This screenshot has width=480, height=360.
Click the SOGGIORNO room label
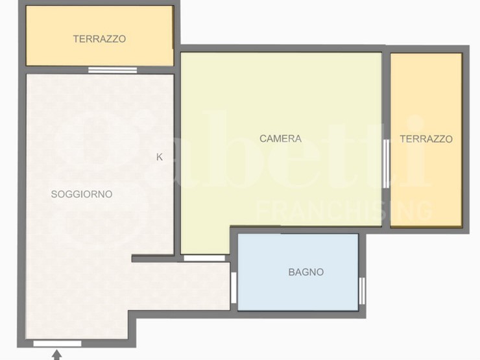point(82,194)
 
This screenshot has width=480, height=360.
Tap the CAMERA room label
point(280,139)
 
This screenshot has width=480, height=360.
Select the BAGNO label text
point(306,272)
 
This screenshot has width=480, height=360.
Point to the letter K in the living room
point(160,157)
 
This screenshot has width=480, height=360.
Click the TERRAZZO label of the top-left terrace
point(99,39)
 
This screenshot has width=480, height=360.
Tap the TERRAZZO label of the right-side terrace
point(426,139)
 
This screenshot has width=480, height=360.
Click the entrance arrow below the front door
point(56,355)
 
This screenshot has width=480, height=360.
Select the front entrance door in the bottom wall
point(58,344)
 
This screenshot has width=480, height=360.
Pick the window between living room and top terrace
point(113,70)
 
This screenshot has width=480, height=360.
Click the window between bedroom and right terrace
point(386,163)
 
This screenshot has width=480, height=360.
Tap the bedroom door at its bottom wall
point(204,258)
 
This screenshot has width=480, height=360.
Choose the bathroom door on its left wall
point(234,288)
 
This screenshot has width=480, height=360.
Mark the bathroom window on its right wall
point(362,291)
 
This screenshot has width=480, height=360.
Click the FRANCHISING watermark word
point(344,211)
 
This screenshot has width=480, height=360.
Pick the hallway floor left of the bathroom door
point(180,286)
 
